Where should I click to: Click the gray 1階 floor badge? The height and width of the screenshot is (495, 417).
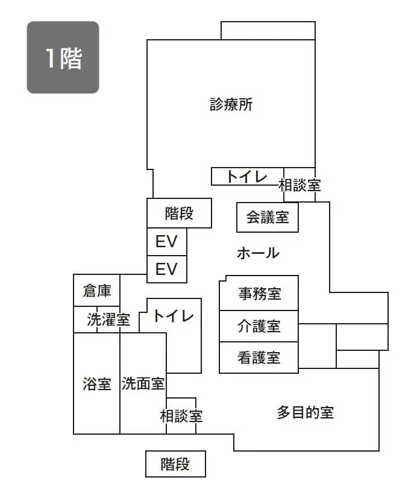point(63,57)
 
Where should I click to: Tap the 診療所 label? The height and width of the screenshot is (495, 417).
point(231,104)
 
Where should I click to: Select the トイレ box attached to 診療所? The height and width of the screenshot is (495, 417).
point(247,176)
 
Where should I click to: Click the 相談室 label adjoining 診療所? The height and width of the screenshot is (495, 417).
point(299,186)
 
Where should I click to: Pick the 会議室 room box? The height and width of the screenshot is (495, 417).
point(268,217)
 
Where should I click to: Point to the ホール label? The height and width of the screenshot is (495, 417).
point(258,253)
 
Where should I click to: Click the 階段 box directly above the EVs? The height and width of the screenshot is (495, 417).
point(179,213)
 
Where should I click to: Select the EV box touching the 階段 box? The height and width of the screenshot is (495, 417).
point(166,242)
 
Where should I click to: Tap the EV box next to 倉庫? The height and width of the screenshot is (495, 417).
point(166,269)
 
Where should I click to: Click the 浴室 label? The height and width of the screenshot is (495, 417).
point(96,384)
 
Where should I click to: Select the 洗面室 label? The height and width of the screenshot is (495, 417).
point(143,383)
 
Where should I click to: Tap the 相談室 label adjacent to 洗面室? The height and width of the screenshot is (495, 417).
point(181,415)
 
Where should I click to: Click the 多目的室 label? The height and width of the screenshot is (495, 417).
point(305,412)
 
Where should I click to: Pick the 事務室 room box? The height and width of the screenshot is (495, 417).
point(259,294)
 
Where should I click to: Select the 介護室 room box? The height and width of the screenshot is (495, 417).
point(259,327)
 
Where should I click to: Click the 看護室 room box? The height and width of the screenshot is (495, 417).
point(259,358)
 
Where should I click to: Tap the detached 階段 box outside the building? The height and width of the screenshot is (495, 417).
point(175,464)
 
